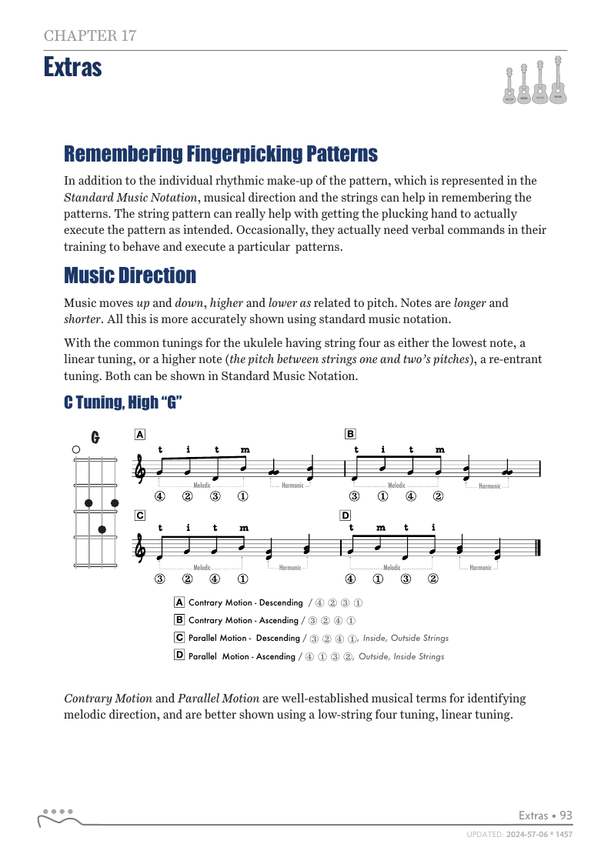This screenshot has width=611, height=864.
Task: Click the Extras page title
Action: [x=72, y=68]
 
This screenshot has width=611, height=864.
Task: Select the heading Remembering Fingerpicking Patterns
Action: [x=220, y=154]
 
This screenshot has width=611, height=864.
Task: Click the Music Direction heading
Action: [x=129, y=275]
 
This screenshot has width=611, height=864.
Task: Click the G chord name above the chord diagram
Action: [x=95, y=438]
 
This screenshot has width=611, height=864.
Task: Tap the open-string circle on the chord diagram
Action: [x=75, y=449]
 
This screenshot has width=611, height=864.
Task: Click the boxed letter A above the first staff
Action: [x=139, y=434]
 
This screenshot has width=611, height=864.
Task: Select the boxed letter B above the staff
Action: [x=350, y=434]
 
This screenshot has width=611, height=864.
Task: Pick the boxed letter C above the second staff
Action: [x=139, y=515]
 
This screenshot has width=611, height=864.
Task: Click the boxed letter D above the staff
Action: [x=346, y=515]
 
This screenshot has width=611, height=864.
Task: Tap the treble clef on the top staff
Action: [x=140, y=469]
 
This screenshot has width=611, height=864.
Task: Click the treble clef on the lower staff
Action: [x=140, y=549]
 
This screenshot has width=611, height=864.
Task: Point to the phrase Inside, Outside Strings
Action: [x=406, y=638]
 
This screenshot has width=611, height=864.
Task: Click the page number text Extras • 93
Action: [x=546, y=816]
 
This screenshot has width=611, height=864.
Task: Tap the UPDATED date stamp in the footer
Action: [x=519, y=834]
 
